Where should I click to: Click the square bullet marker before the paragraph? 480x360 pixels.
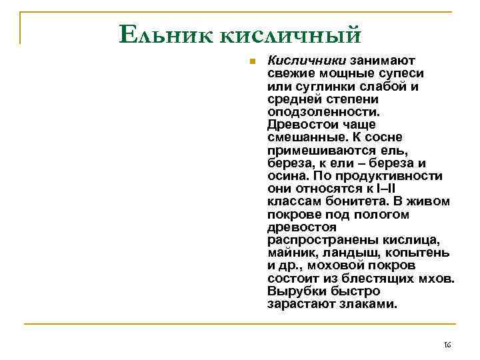(252, 61)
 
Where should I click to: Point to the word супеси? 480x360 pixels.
(403, 73)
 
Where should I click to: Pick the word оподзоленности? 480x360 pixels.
(323, 111)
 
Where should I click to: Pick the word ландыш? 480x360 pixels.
(347, 253)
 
